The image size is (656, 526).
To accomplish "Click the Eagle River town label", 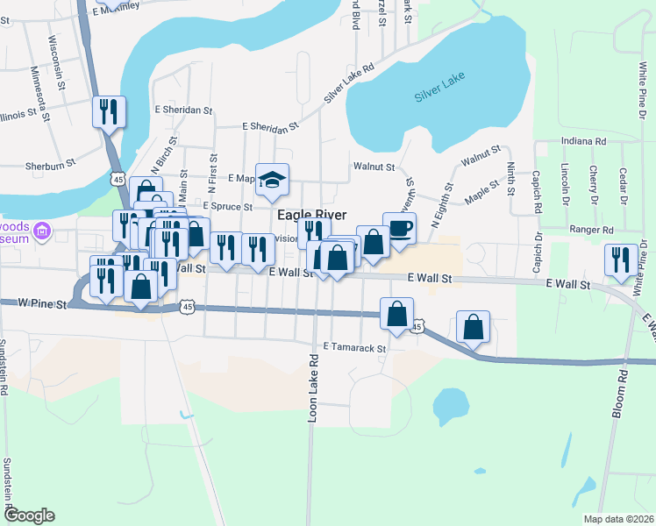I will tap(311, 215).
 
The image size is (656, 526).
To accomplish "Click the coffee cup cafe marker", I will tap(399, 228).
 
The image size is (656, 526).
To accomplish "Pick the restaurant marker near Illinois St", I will tap(110, 112).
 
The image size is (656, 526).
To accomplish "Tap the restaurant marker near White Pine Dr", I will tap(620, 260).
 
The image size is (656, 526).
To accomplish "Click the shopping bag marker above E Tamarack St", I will tap(397, 314).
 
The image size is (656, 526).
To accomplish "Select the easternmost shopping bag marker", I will tap(474, 327).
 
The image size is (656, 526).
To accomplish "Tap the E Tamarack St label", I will tap(354, 348).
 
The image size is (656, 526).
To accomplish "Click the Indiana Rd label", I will tap(582, 140).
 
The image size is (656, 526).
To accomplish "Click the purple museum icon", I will tap(42, 232).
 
